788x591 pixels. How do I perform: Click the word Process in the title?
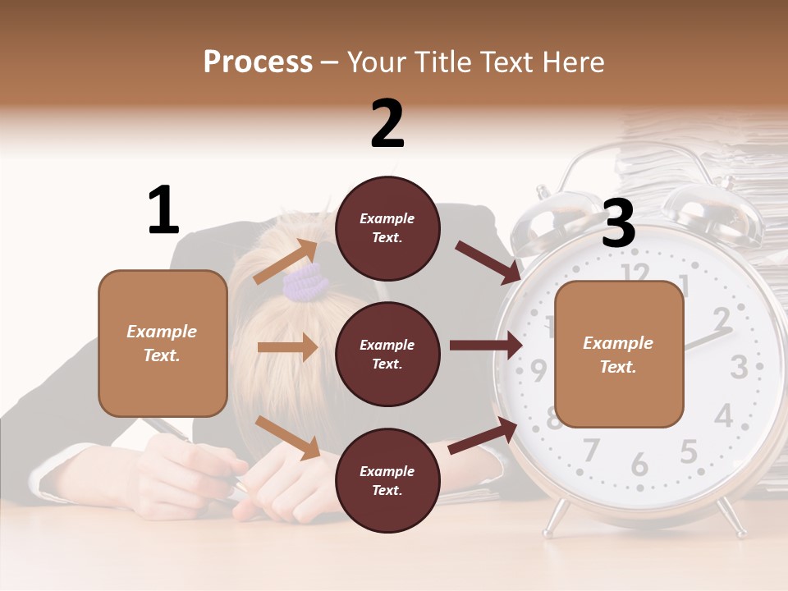(258, 62)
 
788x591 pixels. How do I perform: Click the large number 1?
(163, 210)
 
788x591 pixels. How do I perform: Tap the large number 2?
(387, 123)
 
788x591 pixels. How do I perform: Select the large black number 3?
(618, 223)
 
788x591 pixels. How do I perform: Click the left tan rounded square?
(163, 343)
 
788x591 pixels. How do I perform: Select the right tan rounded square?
(619, 355)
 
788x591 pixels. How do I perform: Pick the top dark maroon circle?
(387, 228)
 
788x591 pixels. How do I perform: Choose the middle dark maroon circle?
(387, 354)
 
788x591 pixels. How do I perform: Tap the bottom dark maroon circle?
(387, 480)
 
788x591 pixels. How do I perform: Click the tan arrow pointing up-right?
(286, 262)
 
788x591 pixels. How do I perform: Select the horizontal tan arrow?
(287, 347)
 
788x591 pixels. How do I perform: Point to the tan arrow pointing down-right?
(287, 438)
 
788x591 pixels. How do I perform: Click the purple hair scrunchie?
(305, 282)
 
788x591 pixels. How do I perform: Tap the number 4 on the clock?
(723, 415)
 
